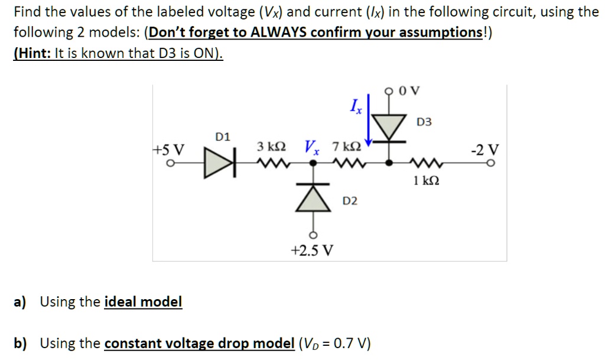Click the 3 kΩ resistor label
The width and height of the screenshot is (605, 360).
point(272,146)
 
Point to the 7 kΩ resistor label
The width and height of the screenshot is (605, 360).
point(345,146)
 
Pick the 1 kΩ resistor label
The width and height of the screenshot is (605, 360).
point(426,180)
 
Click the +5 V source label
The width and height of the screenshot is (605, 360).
point(168,148)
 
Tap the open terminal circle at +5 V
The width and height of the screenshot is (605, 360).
point(169,164)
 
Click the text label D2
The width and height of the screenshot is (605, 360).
point(350,202)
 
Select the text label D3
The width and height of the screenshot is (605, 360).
point(424,122)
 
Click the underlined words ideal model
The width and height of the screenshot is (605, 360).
point(143,302)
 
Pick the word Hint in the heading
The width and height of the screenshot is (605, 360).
point(33,53)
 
